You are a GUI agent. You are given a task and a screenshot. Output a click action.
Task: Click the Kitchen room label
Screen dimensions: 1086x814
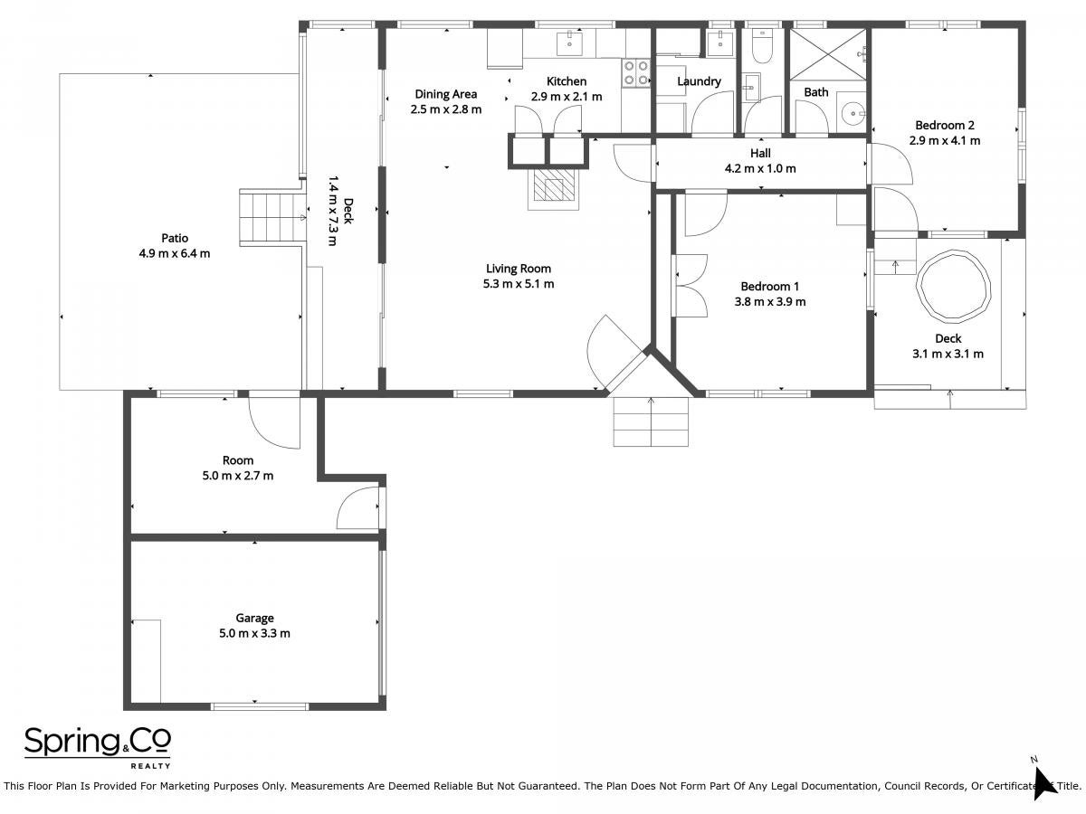point(567,81)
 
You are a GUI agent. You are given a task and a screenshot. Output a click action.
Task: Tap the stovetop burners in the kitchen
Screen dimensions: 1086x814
point(636,72)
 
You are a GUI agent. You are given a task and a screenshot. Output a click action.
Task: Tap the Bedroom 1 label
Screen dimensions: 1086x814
point(770,286)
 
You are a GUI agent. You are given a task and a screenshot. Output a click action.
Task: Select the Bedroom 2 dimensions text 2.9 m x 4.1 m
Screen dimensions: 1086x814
point(945,141)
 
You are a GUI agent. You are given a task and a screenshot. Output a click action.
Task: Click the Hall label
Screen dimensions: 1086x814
point(760,153)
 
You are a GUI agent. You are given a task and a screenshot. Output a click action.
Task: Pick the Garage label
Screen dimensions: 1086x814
point(254,619)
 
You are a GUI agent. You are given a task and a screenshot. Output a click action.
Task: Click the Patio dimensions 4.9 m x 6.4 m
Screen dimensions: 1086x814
point(174,253)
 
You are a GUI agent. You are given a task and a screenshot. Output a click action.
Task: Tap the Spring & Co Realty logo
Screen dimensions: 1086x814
point(98,747)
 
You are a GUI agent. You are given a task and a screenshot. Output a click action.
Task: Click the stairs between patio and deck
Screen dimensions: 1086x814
point(272,217)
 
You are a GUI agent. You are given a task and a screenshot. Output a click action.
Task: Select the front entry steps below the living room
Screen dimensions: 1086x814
point(651,421)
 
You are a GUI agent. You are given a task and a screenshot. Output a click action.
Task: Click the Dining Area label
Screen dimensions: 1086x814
point(446,94)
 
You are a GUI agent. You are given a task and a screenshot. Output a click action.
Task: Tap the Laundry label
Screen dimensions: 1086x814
point(699,81)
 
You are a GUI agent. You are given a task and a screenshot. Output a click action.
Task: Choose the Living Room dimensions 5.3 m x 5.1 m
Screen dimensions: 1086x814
point(518,284)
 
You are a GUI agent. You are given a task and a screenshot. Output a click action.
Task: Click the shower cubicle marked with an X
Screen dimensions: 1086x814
point(827,54)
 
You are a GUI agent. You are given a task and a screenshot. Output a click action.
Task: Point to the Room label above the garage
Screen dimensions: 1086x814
point(237,460)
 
